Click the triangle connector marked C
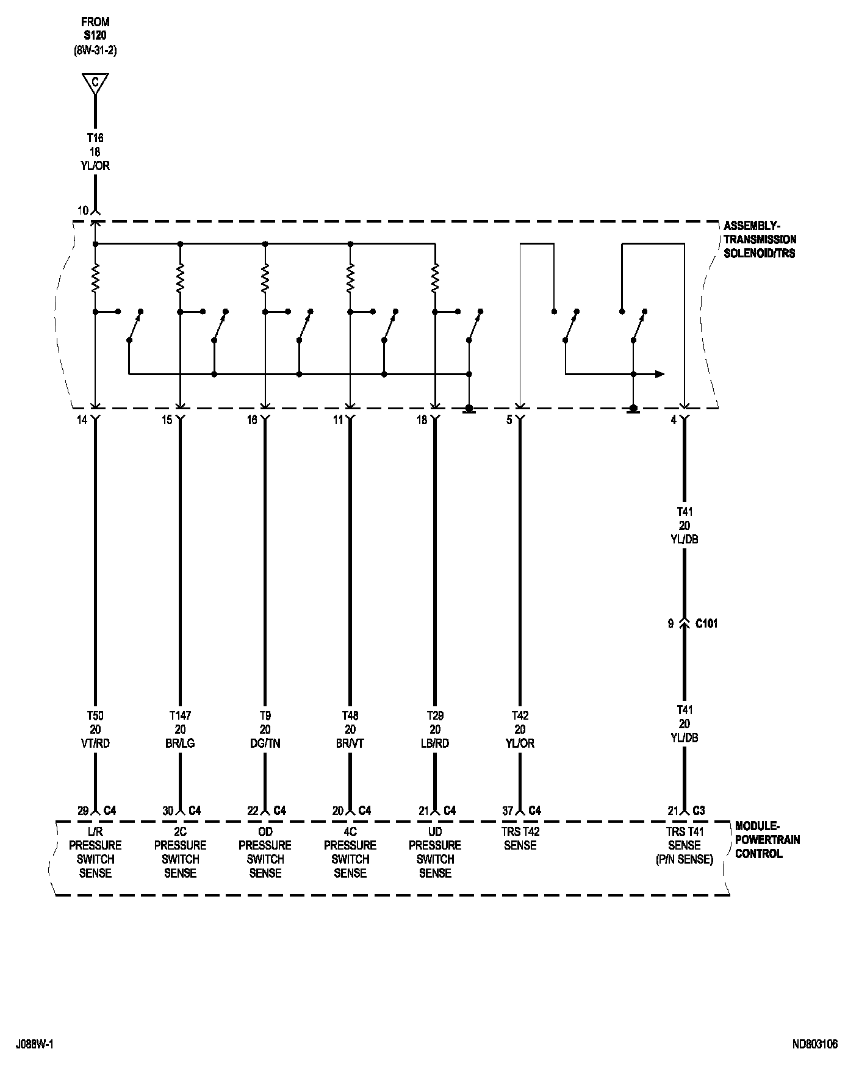95,83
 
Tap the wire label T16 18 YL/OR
95,152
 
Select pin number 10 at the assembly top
83,210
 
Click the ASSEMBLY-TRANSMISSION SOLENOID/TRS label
760,239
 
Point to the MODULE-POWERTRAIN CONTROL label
767,840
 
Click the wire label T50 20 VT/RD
95,729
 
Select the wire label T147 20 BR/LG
180,729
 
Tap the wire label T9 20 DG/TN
265,729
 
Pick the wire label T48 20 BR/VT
350,729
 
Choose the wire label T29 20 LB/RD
435,729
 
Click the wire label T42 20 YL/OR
520,729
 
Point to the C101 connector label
706,624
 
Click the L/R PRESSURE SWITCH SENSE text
95,852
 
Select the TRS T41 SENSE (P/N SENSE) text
685,845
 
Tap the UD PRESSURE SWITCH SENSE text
435,852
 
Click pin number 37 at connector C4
508,811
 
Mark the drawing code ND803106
815,1045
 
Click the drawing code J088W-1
35,1045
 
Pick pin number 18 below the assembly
422,420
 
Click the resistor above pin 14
95,278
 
